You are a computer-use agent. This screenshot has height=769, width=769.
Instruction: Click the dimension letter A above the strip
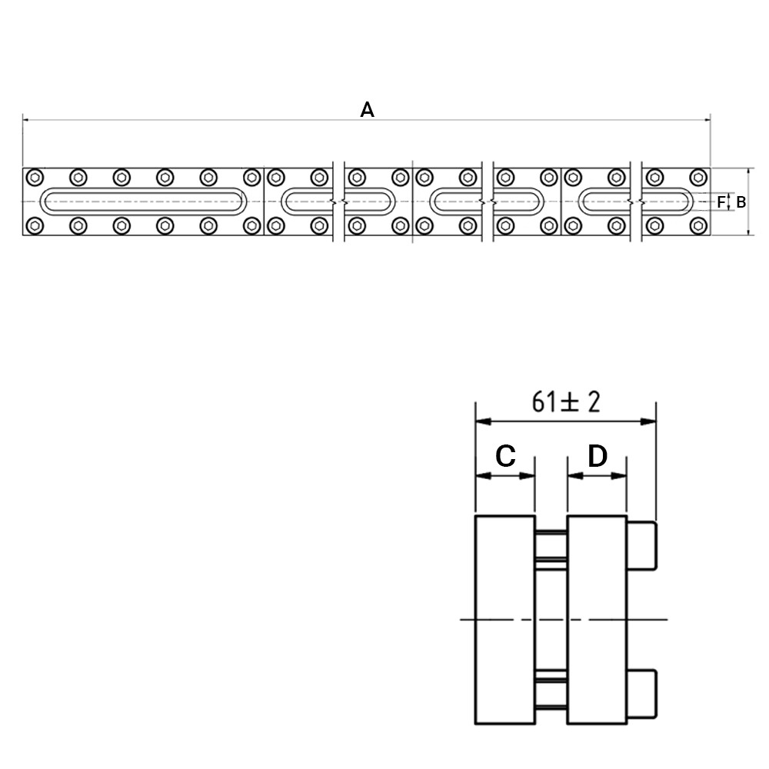click(x=367, y=110)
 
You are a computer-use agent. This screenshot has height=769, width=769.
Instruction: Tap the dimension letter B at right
click(x=741, y=202)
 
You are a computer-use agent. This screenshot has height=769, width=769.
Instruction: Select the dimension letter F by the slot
click(x=721, y=202)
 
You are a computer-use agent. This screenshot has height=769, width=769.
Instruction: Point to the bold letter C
click(x=506, y=455)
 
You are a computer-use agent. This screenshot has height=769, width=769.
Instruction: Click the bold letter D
click(x=598, y=455)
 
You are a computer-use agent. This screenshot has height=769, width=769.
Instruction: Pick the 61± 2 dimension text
click(x=566, y=402)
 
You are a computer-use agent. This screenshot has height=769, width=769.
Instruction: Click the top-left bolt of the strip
click(x=35, y=177)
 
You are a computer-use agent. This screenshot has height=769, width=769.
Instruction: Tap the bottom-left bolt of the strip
click(x=35, y=225)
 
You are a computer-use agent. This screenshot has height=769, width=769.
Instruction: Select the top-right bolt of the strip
click(x=698, y=177)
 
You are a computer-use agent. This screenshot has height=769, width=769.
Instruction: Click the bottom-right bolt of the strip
click(x=698, y=225)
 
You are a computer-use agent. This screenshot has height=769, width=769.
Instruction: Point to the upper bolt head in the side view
click(x=641, y=546)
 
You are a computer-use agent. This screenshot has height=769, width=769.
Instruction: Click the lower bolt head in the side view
click(x=641, y=694)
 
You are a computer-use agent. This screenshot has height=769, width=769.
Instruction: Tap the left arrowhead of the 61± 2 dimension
click(x=484, y=421)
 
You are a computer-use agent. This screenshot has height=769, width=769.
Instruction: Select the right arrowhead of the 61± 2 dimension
click(x=648, y=421)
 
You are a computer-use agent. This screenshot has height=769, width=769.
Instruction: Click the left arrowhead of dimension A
click(x=25, y=119)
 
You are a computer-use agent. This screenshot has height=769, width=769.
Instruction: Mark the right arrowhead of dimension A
click(x=707, y=119)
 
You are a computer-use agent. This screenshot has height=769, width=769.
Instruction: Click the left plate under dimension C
click(x=505, y=619)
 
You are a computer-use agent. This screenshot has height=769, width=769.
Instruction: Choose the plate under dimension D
click(x=597, y=619)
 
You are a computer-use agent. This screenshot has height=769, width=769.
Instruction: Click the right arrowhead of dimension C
click(x=528, y=475)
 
